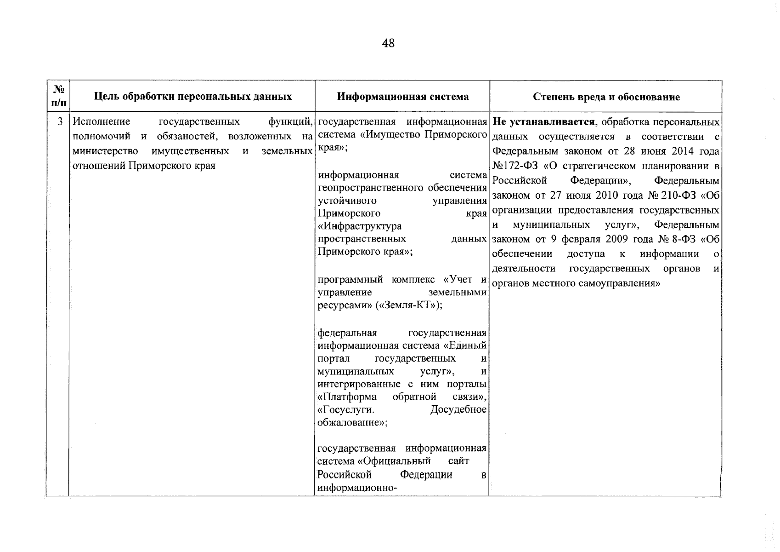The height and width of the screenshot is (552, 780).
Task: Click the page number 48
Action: point(388,43)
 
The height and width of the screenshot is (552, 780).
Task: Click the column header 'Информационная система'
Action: point(403,97)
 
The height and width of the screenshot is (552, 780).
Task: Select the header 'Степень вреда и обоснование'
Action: point(606,97)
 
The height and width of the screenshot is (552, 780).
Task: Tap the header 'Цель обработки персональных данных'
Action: point(193,97)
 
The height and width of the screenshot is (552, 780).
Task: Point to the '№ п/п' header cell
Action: point(58,97)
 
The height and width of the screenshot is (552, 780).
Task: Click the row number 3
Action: point(60,122)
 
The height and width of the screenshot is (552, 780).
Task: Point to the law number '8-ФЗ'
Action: point(686,239)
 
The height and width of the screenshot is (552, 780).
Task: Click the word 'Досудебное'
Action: point(458,409)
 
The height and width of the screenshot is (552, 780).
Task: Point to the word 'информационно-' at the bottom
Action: point(357,488)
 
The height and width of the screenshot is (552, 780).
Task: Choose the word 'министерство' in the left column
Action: point(106,151)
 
